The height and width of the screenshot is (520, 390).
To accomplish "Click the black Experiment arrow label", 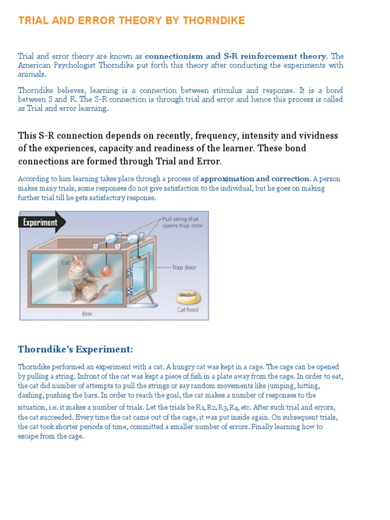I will tap(39, 222).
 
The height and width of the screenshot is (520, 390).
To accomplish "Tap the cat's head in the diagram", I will tap(78, 263).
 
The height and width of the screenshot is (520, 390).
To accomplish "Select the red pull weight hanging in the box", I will tap(106, 272).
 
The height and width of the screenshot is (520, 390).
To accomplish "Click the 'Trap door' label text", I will tap(183, 268).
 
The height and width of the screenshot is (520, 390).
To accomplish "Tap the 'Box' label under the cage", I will tap(87, 314).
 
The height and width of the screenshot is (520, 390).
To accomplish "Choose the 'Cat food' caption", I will tap(187, 310).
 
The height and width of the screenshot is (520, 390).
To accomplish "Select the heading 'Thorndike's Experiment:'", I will tap(75, 349).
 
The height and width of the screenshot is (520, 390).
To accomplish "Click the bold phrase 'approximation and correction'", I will tap(255, 179).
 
